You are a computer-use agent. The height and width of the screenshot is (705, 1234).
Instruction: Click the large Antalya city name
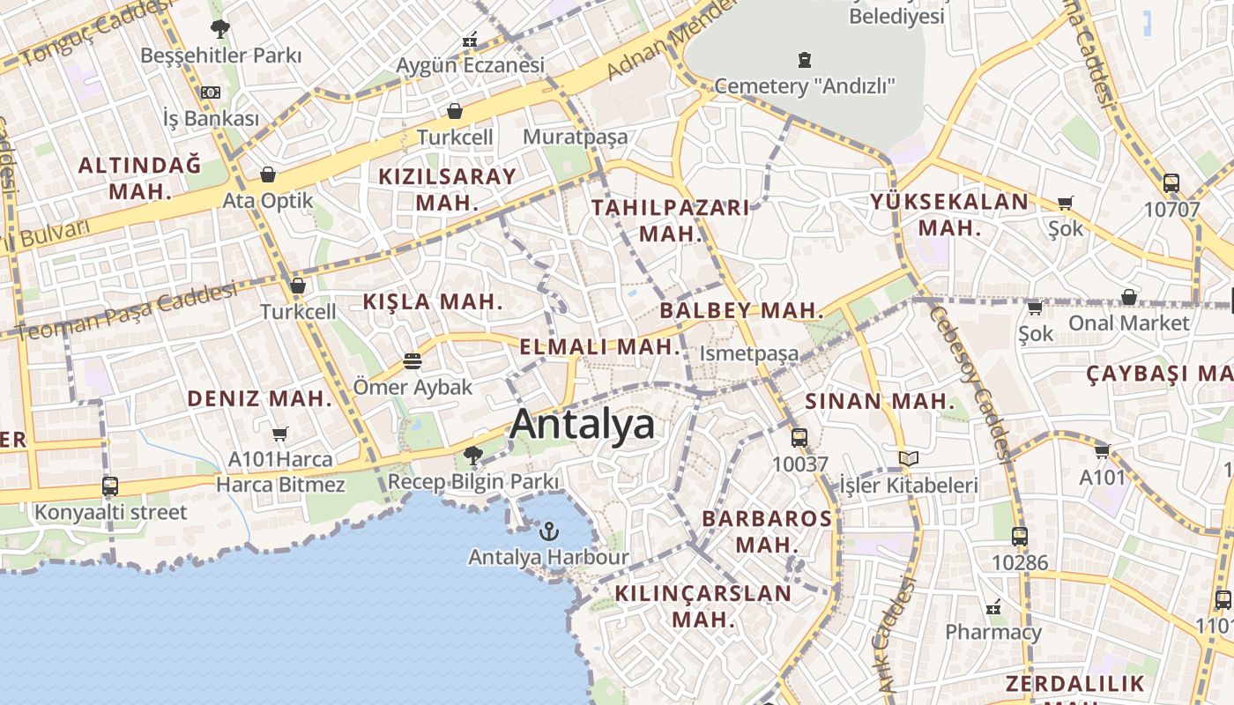click(x=583, y=424)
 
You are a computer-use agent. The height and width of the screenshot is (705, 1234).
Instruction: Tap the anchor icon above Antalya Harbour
click(x=549, y=531)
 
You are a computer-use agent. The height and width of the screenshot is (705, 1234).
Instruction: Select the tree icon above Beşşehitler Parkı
click(x=219, y=29)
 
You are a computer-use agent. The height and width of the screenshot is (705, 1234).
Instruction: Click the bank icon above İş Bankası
click(x=211, y=93)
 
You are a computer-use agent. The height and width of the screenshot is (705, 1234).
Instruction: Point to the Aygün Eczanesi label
click(x=470, y=65)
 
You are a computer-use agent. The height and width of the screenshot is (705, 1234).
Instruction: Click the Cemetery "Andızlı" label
click(x=805, y=85)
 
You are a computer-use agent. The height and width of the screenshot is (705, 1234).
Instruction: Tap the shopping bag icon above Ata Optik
click(x=268, y=174)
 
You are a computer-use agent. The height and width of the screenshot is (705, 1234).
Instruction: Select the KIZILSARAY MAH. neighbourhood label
click(x=447, y=189)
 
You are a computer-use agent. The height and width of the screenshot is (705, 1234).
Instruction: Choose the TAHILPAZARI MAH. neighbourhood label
click(x=671, y=220)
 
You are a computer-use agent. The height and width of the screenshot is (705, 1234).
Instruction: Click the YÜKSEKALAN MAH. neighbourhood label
click(x=950, y=214)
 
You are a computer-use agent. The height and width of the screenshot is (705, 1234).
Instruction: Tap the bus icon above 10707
click(x=1171, y=183)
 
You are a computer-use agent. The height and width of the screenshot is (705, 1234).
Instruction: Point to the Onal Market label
click(x=1129, y=323)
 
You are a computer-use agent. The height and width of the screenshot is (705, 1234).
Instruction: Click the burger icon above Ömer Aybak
click(x=412, y=360)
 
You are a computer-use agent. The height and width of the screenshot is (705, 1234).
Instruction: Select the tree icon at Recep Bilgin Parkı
click(x=473, y=456)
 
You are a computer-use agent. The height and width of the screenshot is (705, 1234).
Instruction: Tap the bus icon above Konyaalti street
click(x=110, y=486)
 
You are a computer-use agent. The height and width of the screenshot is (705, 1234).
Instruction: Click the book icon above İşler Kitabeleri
click(x=909, y=458)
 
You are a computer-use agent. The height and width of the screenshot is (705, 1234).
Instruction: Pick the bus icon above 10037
click(x=799, y=437)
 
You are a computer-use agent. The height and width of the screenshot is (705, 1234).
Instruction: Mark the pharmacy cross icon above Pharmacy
click(x=993, y=606)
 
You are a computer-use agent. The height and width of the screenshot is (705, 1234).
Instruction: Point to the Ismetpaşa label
click(x=749, y=353)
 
